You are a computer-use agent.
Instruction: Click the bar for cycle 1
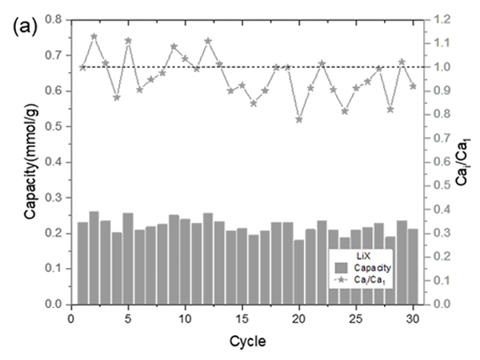click(x=82, y=263)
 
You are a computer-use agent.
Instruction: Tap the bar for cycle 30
click(x=413, y=266)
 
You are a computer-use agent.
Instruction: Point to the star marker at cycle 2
click(x=94, y=36)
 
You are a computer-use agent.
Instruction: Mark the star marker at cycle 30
click(x=413, y=86)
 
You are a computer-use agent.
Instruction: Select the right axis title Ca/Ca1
click(x=464, y=161)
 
